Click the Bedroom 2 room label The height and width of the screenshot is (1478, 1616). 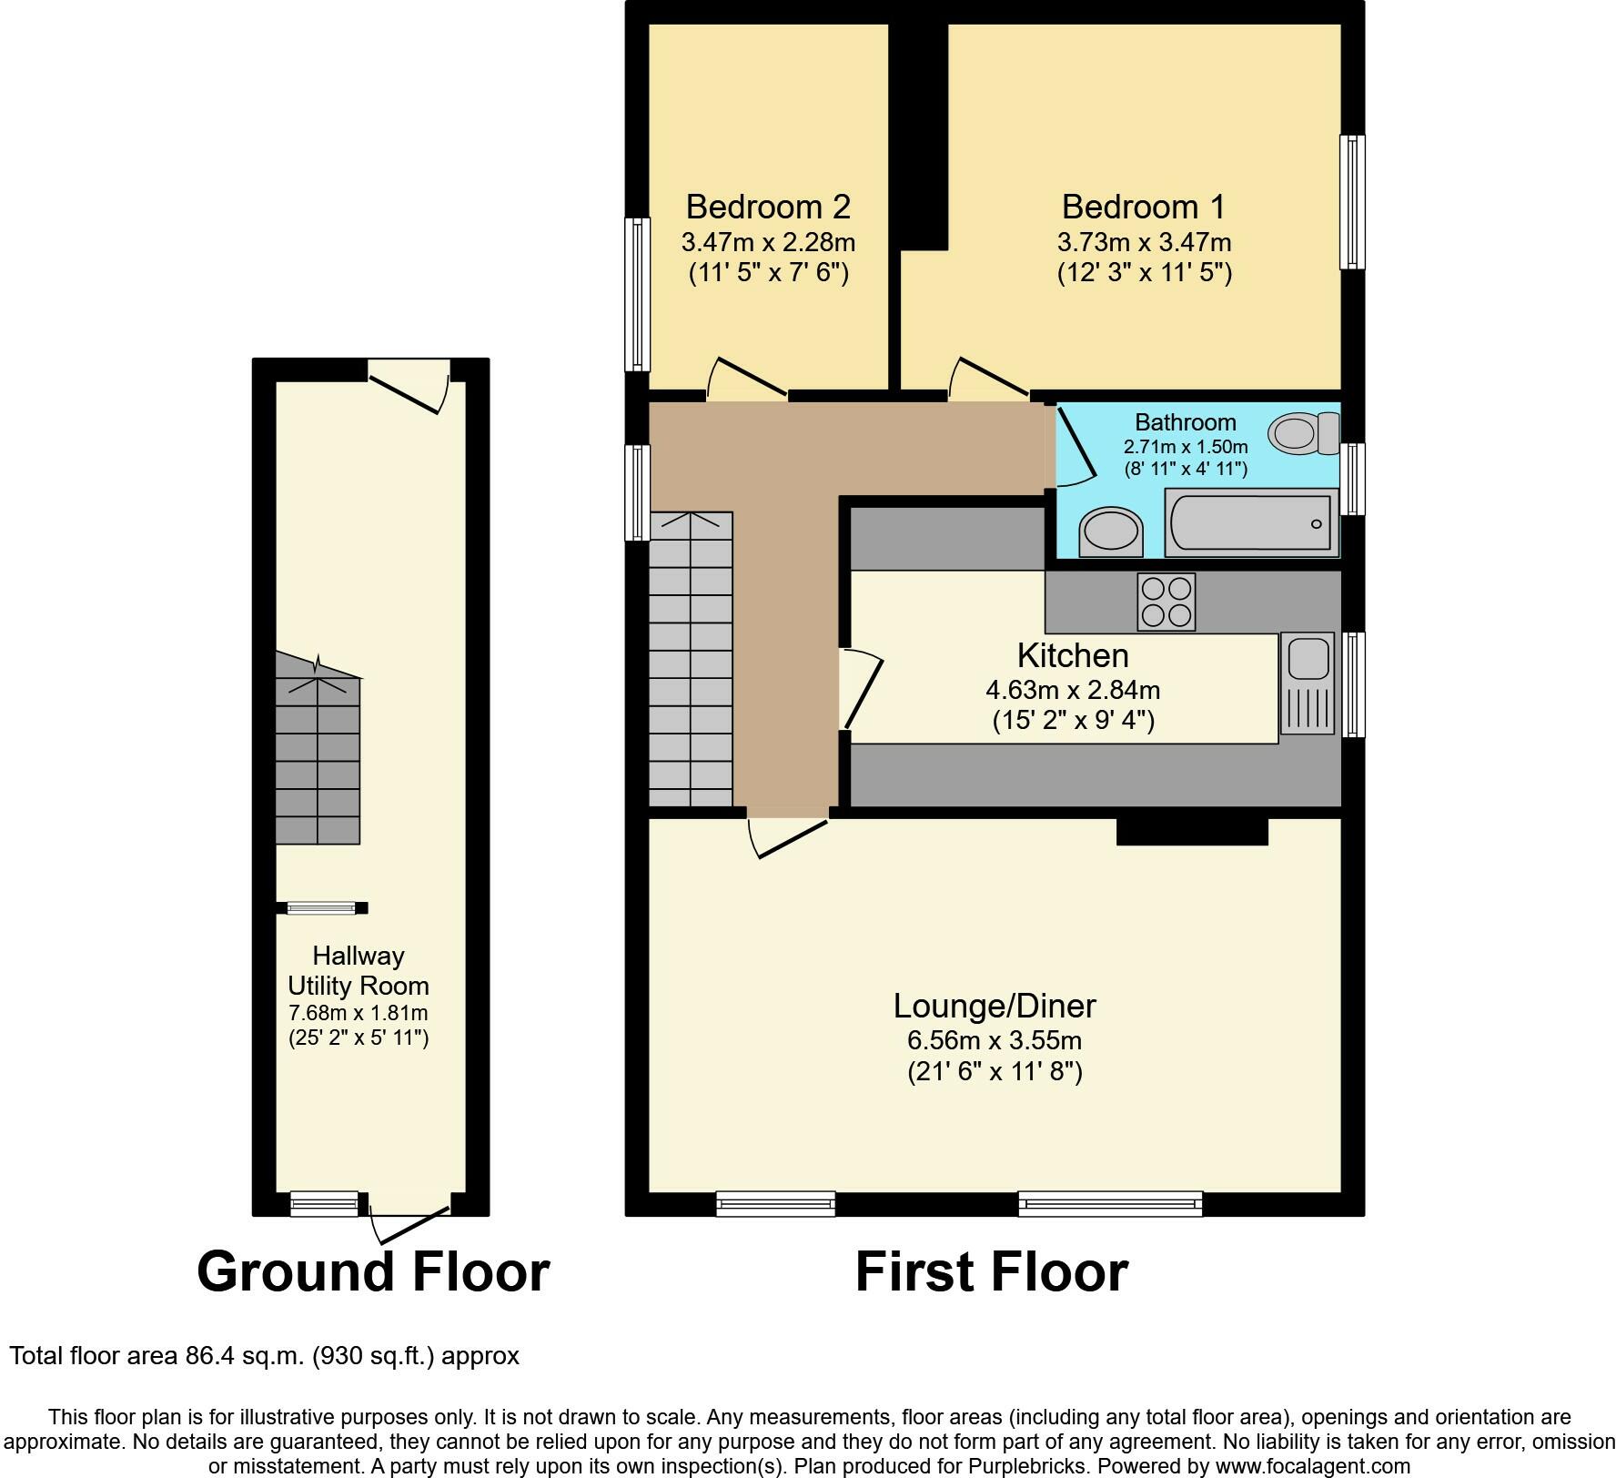tap(768, 207)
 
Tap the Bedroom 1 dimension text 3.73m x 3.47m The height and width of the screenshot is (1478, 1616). tap(1144, 243)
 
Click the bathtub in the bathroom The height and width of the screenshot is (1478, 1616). tap(1251, 522)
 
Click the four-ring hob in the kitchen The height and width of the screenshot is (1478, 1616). tap(1167, 602)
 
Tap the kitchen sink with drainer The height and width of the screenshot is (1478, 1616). tap(1308, 683)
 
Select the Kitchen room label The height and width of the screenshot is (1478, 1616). tap(1073, 655)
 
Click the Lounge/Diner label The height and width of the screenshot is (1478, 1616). tap(995, 1006)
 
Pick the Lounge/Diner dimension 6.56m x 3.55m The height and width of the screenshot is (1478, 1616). tap(995, 1040)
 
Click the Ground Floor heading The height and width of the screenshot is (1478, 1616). tap(373, 1271)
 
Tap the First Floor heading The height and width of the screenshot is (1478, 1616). tap(992, 1271)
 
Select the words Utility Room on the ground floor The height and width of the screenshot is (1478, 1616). tap(359, 986)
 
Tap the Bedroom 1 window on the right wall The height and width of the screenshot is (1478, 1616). tap(1353, 202)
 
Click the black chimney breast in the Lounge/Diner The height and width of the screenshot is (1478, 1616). tap(1192, 832)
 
